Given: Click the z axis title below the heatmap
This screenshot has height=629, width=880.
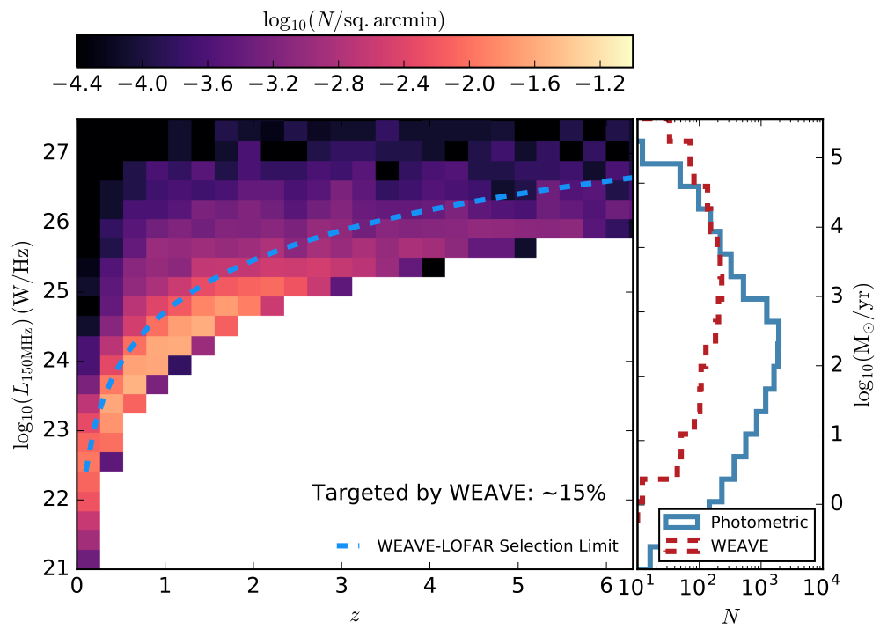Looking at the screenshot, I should pyautogui.click(x=355, y=615).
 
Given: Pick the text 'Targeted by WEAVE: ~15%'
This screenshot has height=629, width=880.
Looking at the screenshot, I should pyautogui.click(x=458, y=494).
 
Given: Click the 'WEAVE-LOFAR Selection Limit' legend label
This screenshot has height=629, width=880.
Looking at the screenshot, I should pyautogui.click(x=497, y=545).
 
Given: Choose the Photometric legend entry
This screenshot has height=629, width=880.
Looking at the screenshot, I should pyautogui.click(x=759, y=522).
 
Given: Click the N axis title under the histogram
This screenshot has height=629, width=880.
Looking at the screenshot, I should pyautogui.click(x=730, y=616).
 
